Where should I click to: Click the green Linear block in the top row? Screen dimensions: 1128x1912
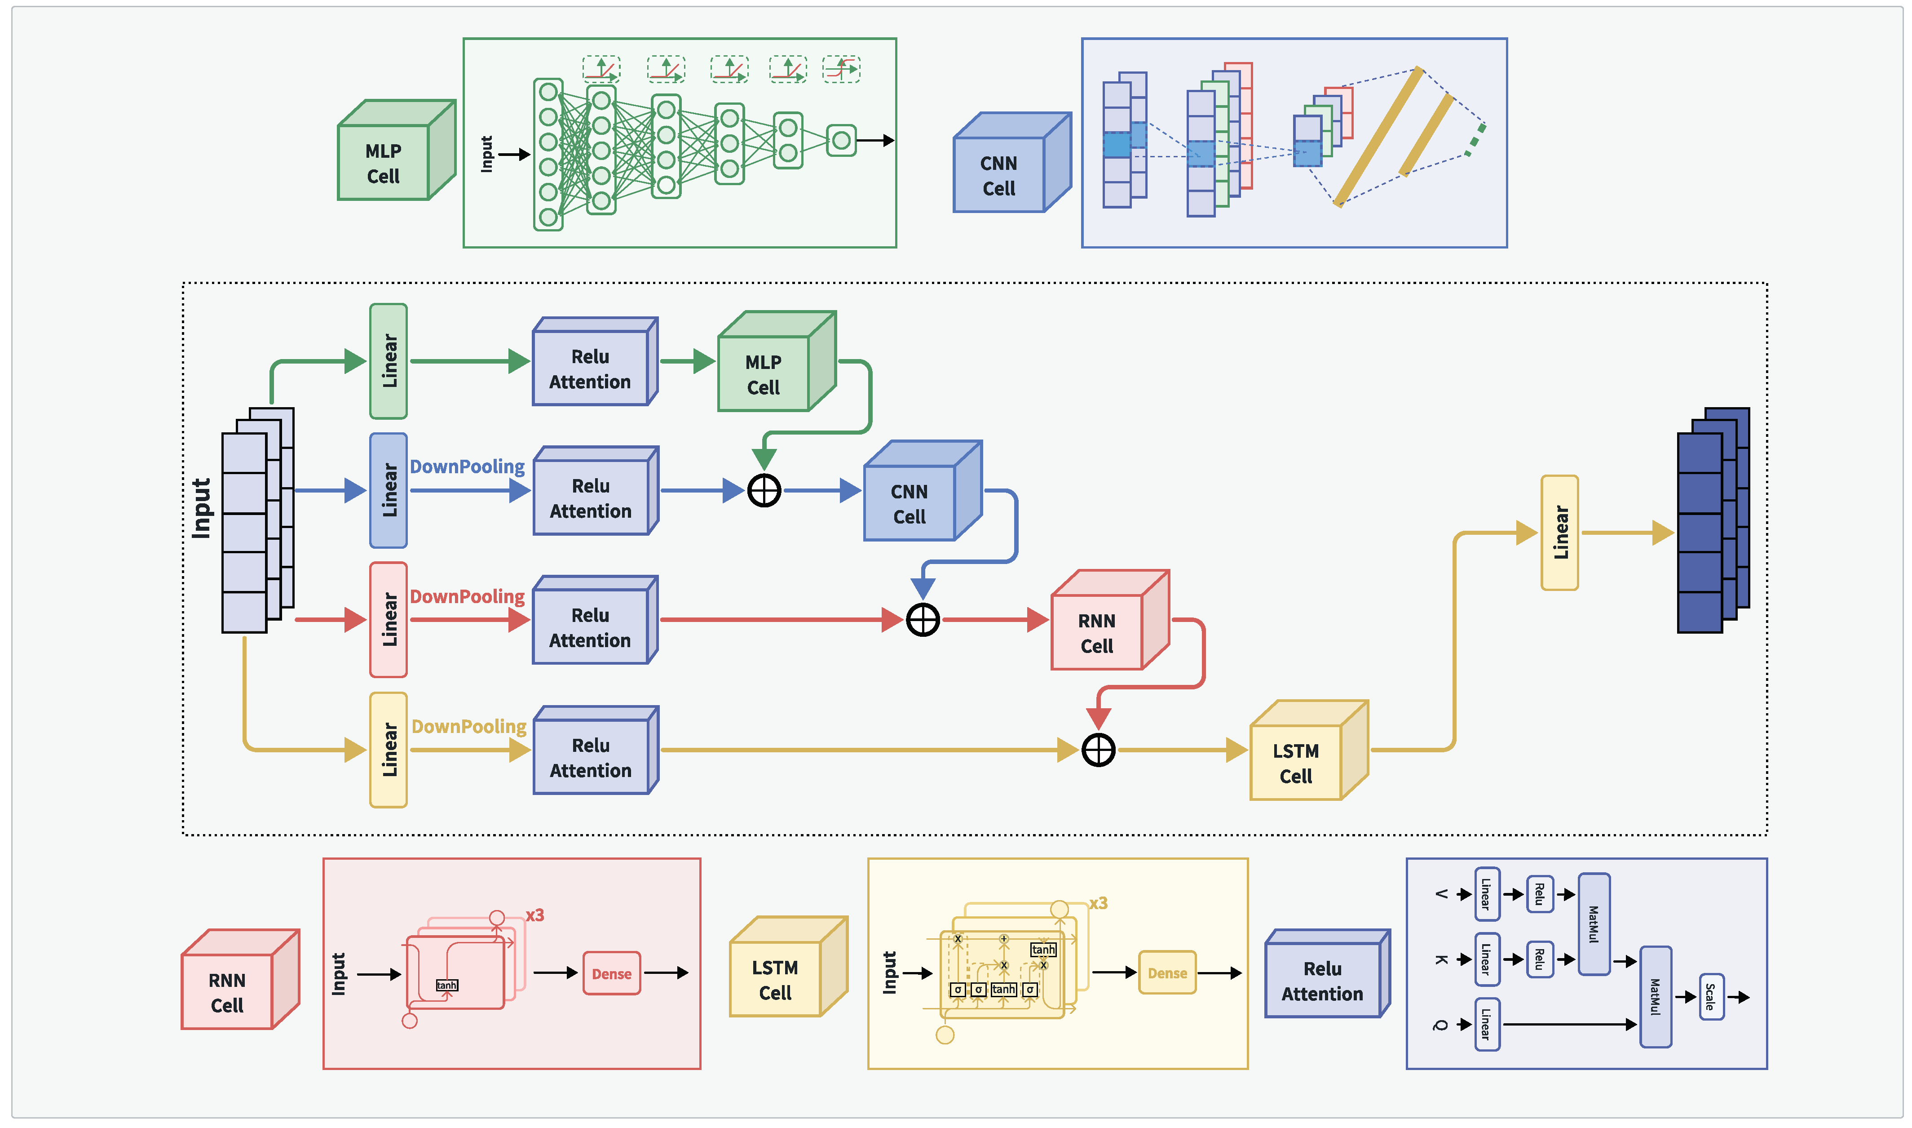(x=388, y=361)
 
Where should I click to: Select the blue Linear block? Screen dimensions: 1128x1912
(x=388, y=490)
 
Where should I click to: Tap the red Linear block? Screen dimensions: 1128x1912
(x=388, y=619)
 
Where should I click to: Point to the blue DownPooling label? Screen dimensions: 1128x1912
(x=467, y=467)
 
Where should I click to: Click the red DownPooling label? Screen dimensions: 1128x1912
(x=467, y=597)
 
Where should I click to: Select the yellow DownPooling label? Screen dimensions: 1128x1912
(x=469, y=727)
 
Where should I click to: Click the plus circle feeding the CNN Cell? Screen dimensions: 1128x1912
(x=764, y=490)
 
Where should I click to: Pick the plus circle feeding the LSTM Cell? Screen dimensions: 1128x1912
(x=1099, y=750)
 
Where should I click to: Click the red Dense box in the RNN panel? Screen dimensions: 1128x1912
(x=611, y=974)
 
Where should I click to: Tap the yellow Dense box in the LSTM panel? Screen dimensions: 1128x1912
(x=1167, y=973)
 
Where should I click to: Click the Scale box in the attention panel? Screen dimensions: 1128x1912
(x=1711, y=996)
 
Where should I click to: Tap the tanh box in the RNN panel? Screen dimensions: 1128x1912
(x=446, y=985)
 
